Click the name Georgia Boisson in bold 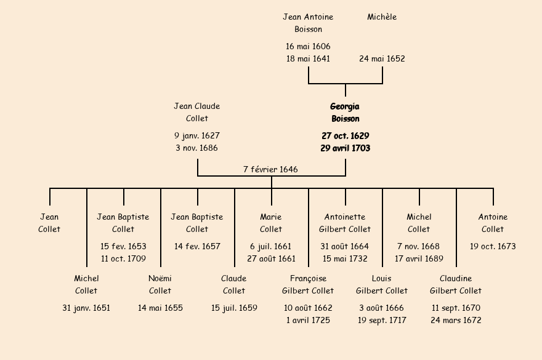coord(345,113)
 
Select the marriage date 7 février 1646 coord(270,169)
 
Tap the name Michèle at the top coord(382,17)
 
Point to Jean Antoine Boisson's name coord(308,23)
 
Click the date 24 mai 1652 coord(382,59)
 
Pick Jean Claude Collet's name coord(197,113)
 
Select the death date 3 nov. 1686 coord(197,148)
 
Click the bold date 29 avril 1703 coord(345,148)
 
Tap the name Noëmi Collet coord(160,285)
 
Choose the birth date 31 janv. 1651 coord(86,308)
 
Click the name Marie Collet coord(271,223)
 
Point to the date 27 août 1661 coord(271,259)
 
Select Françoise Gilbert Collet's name coord(308,285)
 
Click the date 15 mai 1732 coord(345,259)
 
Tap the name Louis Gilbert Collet coord(382,285)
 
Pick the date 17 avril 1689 coord(419,259)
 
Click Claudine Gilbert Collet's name coord(456,285)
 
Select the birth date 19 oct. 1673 coord(493,247)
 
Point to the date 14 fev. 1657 coord(197,247)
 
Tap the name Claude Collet coord(234,285)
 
